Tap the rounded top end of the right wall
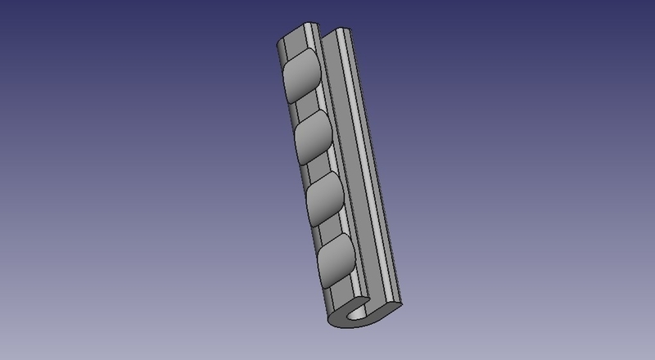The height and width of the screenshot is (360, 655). [x=342, y=31]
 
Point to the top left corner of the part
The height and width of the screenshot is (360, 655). [x=274, y=38]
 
